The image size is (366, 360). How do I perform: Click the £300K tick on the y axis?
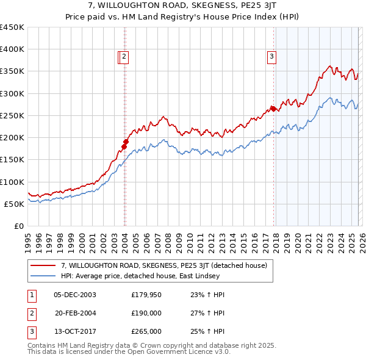[12, 93]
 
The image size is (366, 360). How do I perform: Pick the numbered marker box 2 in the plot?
[124, 57]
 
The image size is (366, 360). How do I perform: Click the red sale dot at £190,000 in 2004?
[125, 142]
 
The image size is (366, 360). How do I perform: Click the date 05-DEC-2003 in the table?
[75, 295]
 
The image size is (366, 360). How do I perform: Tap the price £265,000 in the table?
[146, 331]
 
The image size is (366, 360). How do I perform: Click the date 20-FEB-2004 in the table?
[75, 313]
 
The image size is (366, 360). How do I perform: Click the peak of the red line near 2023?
[329, 66]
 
